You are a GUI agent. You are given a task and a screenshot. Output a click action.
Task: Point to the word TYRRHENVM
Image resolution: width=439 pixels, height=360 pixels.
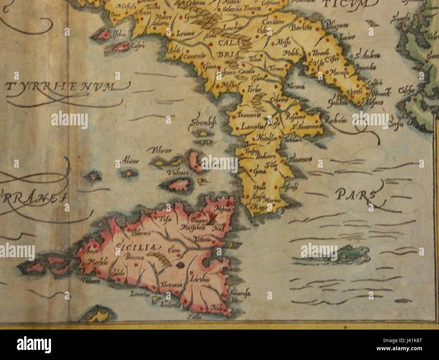click(x=61, y=87)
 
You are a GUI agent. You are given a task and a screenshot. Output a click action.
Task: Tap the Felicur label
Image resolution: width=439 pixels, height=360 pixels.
click(x=162, y=150)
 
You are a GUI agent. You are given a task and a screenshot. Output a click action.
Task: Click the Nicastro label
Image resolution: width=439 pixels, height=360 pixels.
click(x=264, y=138)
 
